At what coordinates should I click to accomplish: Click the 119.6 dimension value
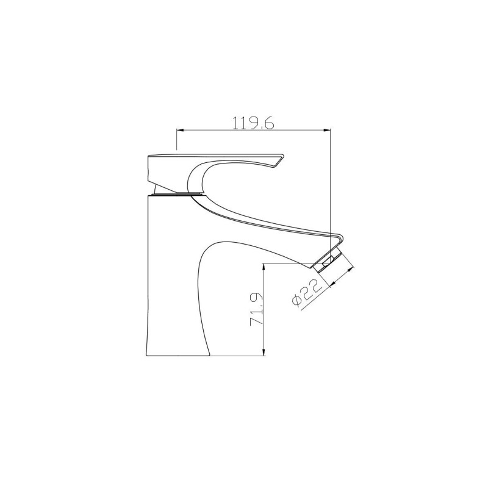pos(253,123)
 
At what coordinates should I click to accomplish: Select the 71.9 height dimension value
pos(257,309)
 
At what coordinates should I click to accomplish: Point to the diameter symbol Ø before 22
pos(297,300)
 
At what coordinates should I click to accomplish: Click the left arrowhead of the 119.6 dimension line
pos(180,129)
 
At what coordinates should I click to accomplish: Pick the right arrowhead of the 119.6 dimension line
pos(327,129)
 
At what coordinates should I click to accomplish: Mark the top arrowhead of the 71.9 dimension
pos(264,267)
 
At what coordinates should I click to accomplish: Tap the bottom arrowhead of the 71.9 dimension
pos(264,352)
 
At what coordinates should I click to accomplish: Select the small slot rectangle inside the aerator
pos(328,261)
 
